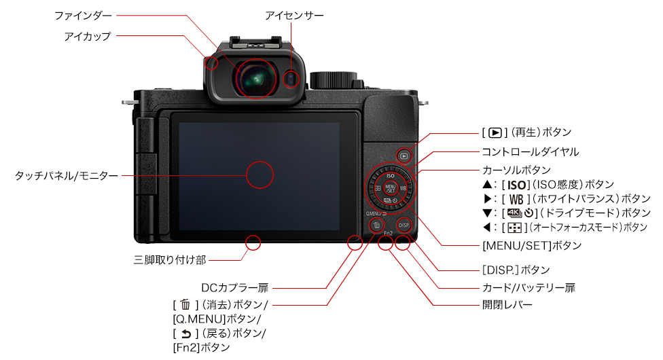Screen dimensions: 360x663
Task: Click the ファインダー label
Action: point(83,14)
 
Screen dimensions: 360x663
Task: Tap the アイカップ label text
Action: point(87,35)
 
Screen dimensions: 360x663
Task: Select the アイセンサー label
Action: point(294,14)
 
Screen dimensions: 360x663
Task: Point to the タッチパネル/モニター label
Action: point(67,175)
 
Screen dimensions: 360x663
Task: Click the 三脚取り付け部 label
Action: point(170,259)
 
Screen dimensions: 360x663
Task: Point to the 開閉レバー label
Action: point(507,306)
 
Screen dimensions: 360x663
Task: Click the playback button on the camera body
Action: point(404,156)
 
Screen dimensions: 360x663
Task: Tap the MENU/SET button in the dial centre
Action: point(390,188)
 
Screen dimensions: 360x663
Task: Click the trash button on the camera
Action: point(376,225)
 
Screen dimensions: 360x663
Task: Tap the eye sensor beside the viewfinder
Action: point(291,79)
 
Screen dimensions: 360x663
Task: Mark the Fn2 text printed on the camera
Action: point(389,233)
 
